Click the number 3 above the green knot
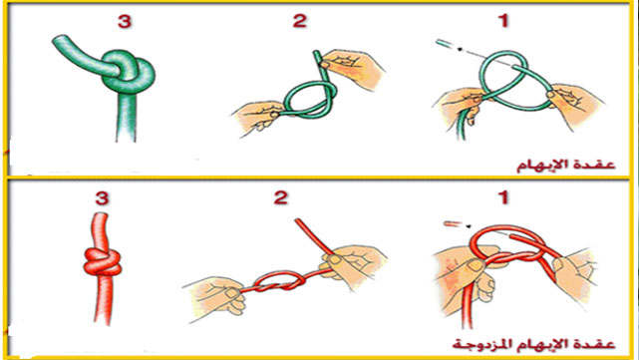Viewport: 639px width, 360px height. point(125,22)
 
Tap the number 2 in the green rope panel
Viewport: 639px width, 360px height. point(299,20)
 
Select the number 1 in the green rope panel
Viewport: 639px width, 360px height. point(504,20)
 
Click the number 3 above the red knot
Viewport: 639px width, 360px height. point(102,198)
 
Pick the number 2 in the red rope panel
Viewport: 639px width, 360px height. point(281,197)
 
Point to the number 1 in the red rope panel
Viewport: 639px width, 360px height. point(504,197)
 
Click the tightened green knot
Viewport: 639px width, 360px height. point(129,73)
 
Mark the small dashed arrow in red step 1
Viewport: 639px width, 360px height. point(458,224)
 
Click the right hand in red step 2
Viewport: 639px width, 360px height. point(354,265)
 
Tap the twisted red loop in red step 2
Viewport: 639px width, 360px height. point(279,281)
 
